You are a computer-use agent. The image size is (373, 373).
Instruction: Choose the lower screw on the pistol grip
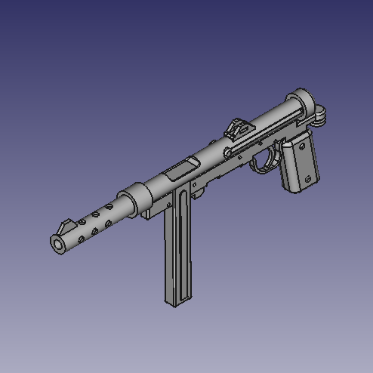pos(309,179)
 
